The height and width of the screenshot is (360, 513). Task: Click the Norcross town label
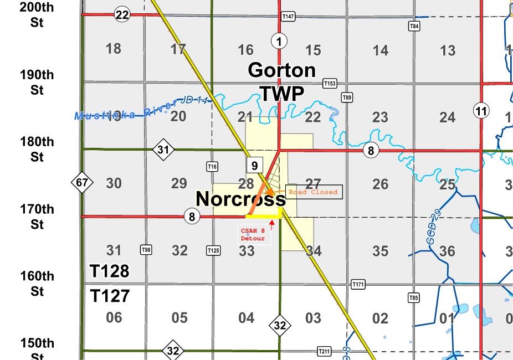[x=240, y=199]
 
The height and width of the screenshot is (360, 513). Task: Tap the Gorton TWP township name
[x=282, y=82]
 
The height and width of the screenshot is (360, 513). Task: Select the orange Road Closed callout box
[x=313, y=192]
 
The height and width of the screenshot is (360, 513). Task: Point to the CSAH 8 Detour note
[x=253, y=234]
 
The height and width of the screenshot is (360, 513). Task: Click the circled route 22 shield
[x=122, y=15]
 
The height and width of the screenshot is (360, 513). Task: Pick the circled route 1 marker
[x=279, y=40]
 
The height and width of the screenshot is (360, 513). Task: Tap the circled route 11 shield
[x=481, y=111]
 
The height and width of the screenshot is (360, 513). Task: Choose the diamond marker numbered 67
[x=82, y=182]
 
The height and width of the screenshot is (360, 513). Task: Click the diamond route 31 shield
[x=163, y=150]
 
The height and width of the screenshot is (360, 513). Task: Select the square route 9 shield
[x=254, y=165]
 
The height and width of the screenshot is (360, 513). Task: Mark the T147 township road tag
[x=288, y=17]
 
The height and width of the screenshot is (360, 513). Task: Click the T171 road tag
[x=358, y=285]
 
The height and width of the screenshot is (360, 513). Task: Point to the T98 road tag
[x=146, y=250]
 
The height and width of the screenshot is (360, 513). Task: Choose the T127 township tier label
[x=110, y=296]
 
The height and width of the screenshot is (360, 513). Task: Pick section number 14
[x=380, y=50]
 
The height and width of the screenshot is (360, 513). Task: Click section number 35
[x=380, y=251]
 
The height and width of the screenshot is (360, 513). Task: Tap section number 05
[x=179, y=318]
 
